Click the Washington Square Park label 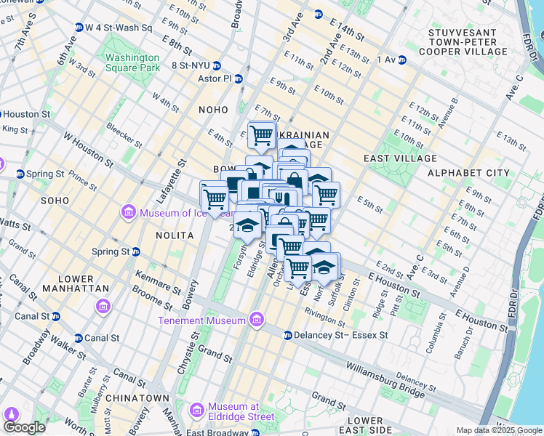[132, 62]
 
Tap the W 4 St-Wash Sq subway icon [79, 28]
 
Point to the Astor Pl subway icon [238, 78]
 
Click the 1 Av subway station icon [401, 60]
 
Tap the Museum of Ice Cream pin [128, 212]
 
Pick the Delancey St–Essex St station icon [288, 336]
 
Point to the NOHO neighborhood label [214, 109]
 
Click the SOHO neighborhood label [55, 200]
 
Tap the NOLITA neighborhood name [174, 235]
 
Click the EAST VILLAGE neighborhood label [400, 158]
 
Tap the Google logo [25, 427]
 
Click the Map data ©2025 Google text [498, 430]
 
